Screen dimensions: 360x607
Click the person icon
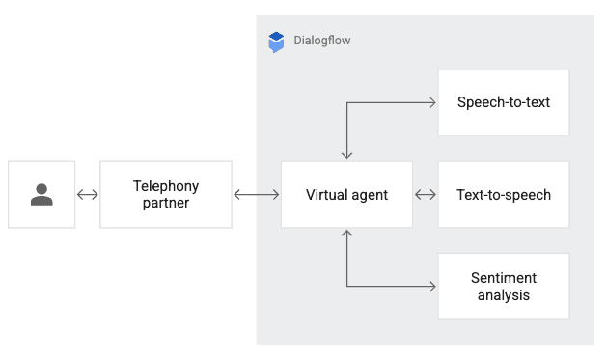(x=41, y=195)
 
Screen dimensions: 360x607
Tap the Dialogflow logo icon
(x=277, y=42)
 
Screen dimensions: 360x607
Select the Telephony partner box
(x=166, y=195)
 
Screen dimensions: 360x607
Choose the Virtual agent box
(x=346, y=195)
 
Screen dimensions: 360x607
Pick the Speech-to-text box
(x=504, y=101)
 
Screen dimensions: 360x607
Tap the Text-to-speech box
(x=504, y=195)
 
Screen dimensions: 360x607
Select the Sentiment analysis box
(x=504, y=287)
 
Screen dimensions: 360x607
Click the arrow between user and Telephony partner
(x=88, y=195)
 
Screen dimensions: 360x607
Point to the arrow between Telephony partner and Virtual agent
(x=257, y=195)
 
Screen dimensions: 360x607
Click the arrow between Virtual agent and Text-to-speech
(x=426, y=195)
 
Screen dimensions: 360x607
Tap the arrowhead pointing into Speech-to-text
(x=433, y=101)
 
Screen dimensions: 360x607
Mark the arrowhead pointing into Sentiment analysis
(x=433, y=287)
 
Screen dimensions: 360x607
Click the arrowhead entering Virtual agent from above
(x=346, y=155)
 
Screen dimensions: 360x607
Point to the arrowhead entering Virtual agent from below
(x=346, y=234)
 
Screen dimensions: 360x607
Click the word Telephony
(x=166, y=186)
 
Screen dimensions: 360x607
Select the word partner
(x=166, y=204)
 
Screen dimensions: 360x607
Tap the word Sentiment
(x=504, y=278)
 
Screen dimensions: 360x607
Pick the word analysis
(x=504, y=295)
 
